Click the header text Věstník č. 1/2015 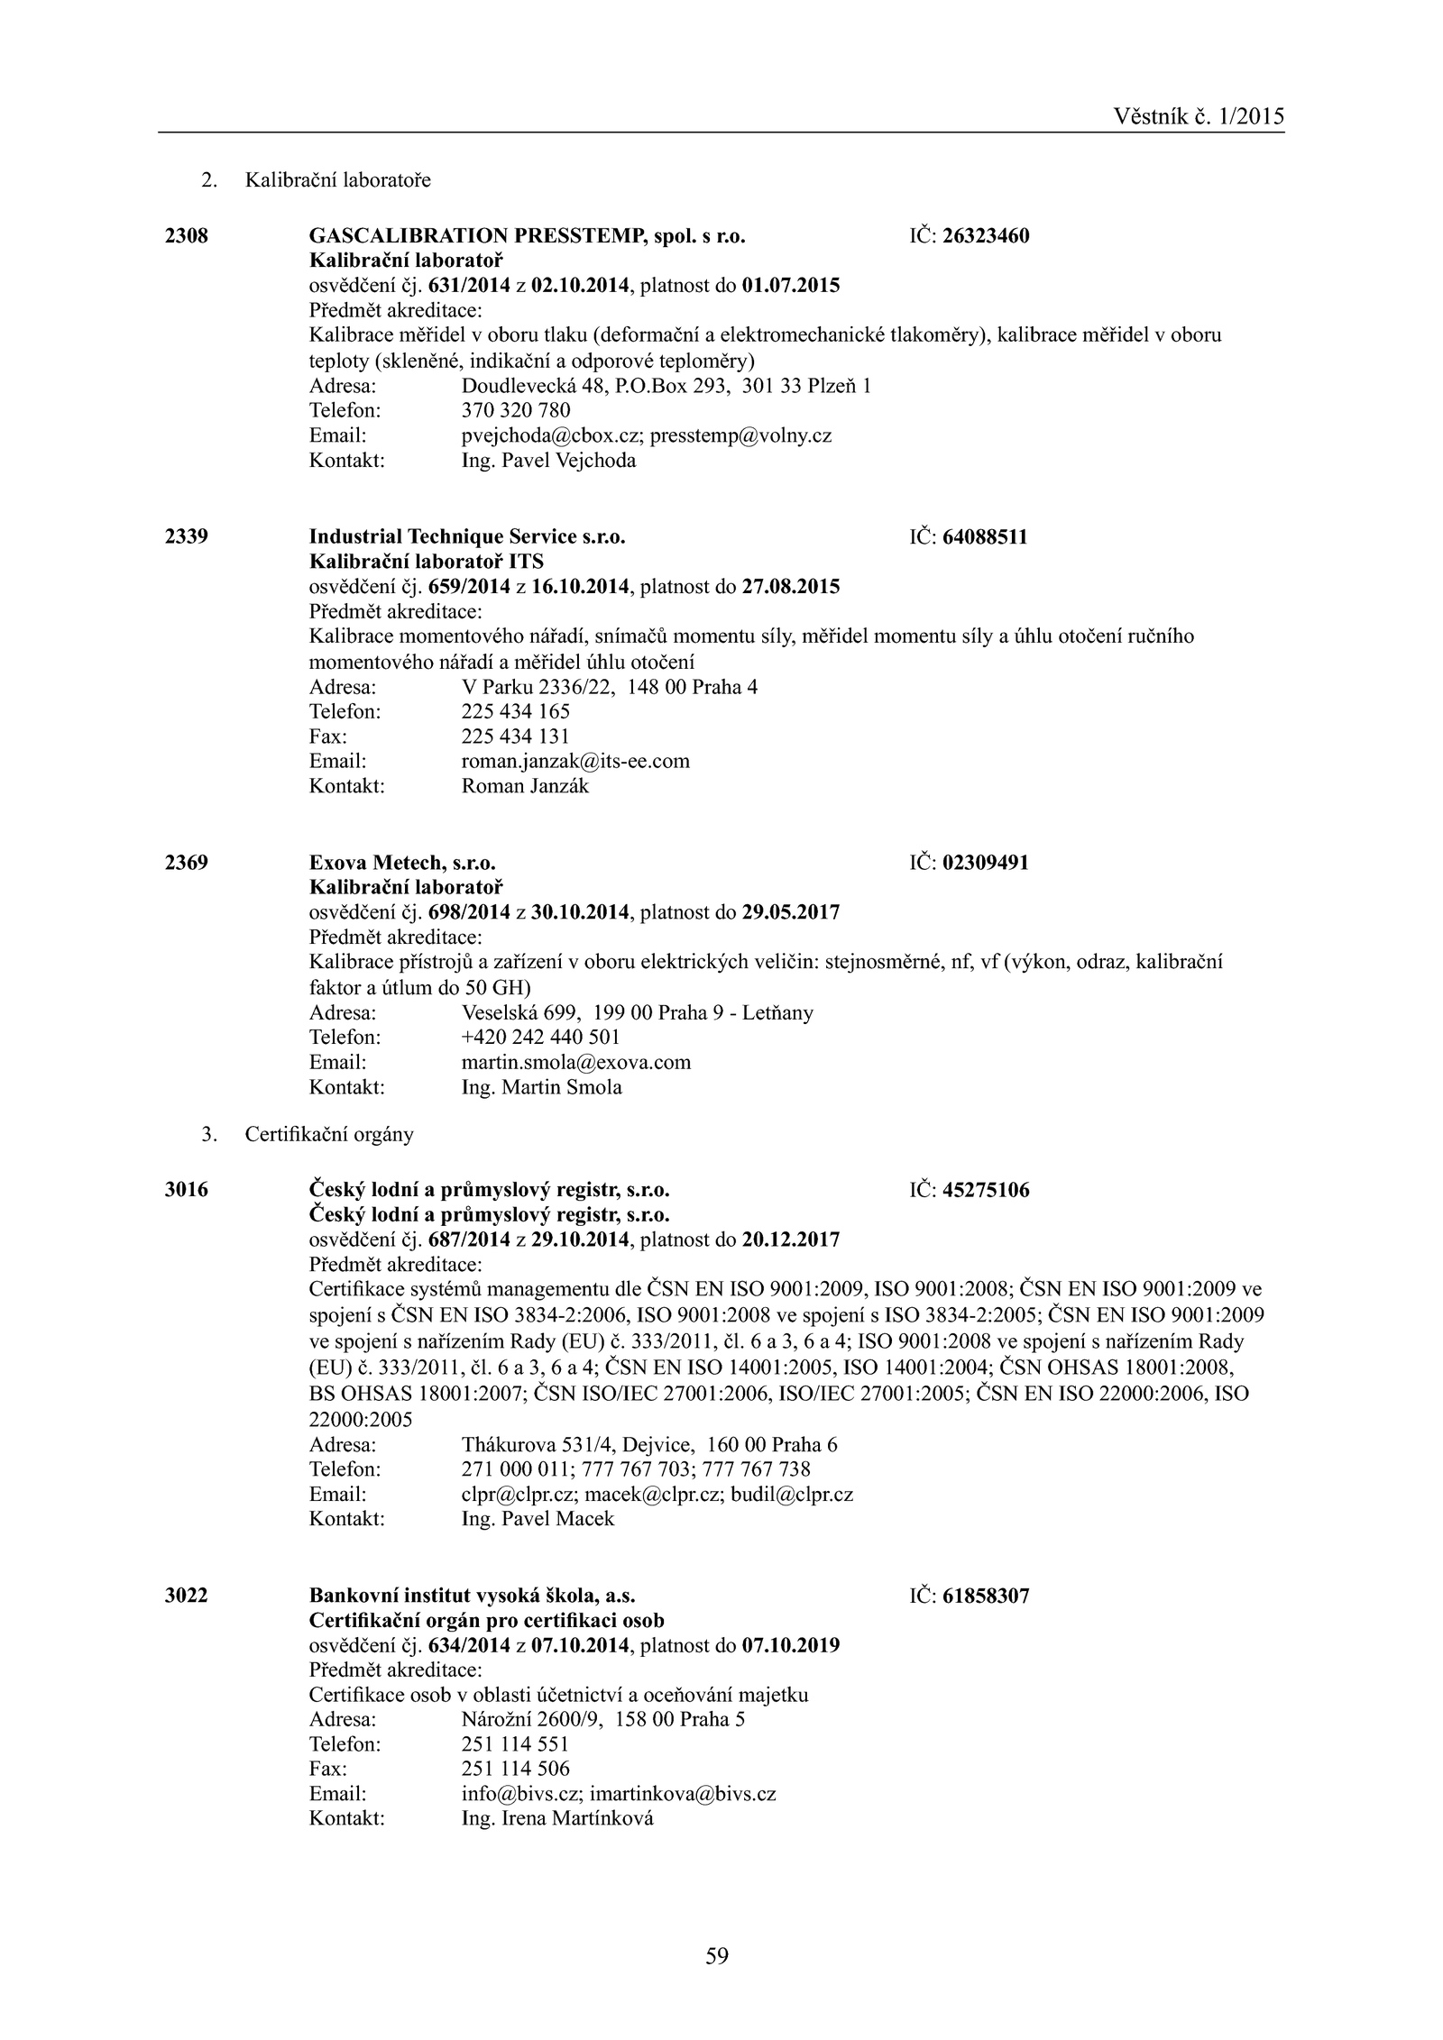(1199, 116)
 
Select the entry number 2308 (187, 236)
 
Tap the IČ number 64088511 (985, 537)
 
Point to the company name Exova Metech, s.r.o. (402, 863)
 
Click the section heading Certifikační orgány (329, 1134)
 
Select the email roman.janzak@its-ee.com (575, 761)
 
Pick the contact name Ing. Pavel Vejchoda (548, 461)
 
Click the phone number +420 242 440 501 (540, 1037)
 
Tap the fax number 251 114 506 (515, 1769)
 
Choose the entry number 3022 (187, 1596)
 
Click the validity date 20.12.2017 (790, 1240)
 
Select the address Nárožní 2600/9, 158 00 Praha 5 (603, 1719)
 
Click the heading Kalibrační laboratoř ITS (427, 562)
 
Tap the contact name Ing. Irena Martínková (557, 1818)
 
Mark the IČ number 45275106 (986, 1190)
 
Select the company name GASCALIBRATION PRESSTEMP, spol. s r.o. (528, 236)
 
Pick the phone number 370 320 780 (516, 411)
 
